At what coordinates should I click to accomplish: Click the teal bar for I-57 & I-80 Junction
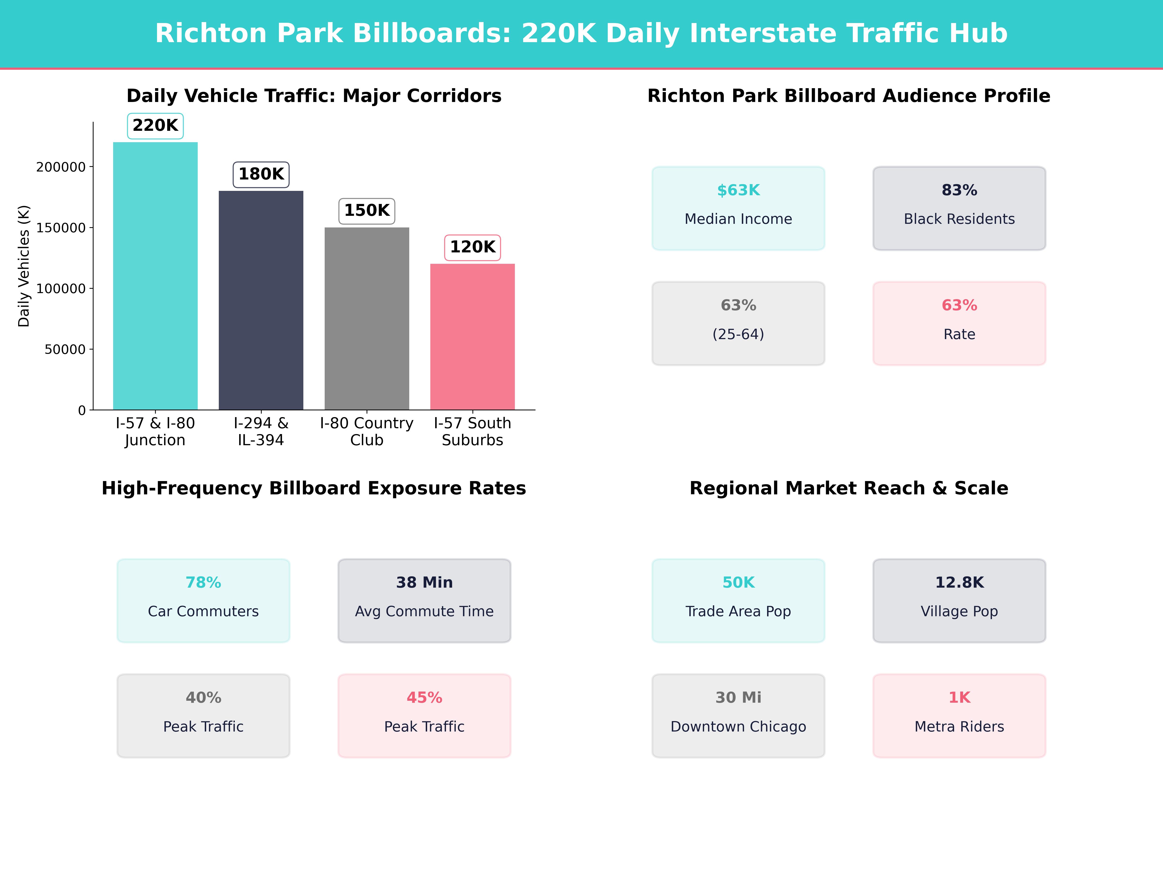(x=155, y=276)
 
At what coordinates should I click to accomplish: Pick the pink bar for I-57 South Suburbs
(x=472, y=336)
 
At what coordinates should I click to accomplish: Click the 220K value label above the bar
(x=155, y=126)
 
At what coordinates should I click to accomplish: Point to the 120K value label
(x=472, y=247)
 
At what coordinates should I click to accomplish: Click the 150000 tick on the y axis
(x=61, y=228)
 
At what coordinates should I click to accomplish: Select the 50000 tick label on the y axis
(x=65, y=350)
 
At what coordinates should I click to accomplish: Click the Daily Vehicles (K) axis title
(x=24, y=266)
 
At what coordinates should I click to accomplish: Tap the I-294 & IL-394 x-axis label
(x=261, y=432)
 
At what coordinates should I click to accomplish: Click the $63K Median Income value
(x=738, y=190)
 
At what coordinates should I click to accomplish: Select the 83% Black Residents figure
(x=959, y=190)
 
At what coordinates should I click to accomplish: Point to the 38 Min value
(x=424, y=582)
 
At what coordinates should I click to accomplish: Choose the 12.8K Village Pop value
(x=959, y=582)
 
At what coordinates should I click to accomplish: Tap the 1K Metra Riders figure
(x=959, y=698)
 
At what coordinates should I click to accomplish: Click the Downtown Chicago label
(x=738, y=726)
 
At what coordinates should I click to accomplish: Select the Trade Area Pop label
(x=738, y=611)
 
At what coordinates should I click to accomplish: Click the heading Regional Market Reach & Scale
(x=849, y=488)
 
